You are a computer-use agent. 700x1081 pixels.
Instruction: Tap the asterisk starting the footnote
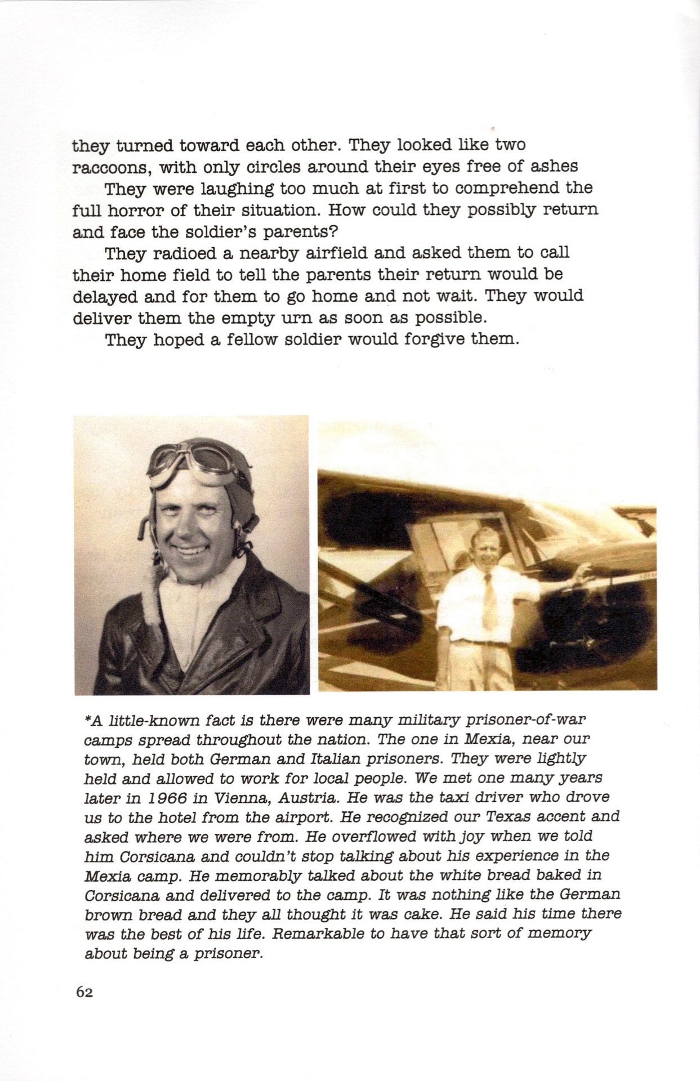87,720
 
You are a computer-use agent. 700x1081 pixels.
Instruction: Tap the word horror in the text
141,211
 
